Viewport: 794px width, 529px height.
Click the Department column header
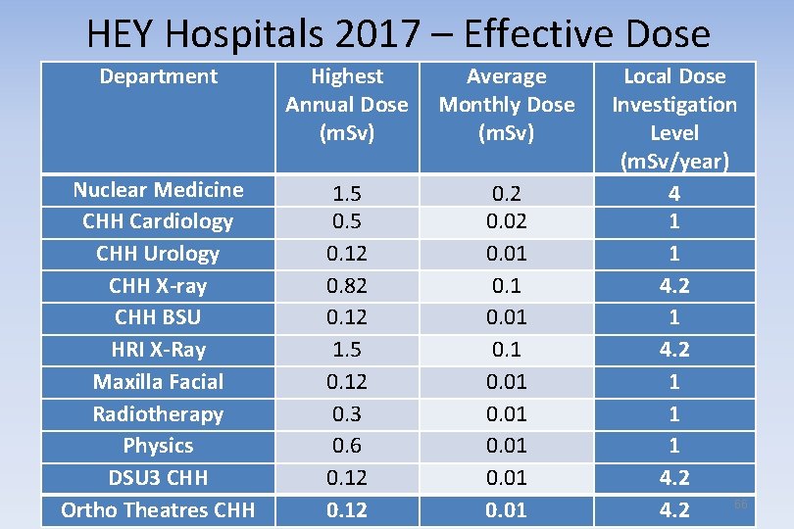tap(159, 76)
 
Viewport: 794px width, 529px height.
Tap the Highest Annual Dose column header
tap(347, 104)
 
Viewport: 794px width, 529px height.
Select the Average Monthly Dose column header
tap(507, 104)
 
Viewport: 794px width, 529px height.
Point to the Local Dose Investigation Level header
tap(674, 118)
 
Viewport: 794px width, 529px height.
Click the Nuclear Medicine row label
tap(159, 189)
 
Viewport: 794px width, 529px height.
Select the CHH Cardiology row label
tap(159, 221)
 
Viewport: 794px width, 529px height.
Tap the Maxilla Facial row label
tap(159, 382)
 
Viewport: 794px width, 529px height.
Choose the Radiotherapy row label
tap(159, 414)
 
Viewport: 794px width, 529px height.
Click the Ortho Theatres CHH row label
tap(159, 510)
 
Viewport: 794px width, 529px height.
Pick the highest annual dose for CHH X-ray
tap(347, 286)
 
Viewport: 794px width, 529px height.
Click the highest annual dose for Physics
tap(347, 446)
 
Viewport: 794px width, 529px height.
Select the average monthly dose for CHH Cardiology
tap(507, 222)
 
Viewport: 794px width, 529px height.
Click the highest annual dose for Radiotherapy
tap(347, 414)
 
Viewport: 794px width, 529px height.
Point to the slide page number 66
tap(741, 504)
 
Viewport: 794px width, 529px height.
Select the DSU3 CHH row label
tap(159, 478)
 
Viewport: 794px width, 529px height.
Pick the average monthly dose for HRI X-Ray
tap(507, 350)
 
